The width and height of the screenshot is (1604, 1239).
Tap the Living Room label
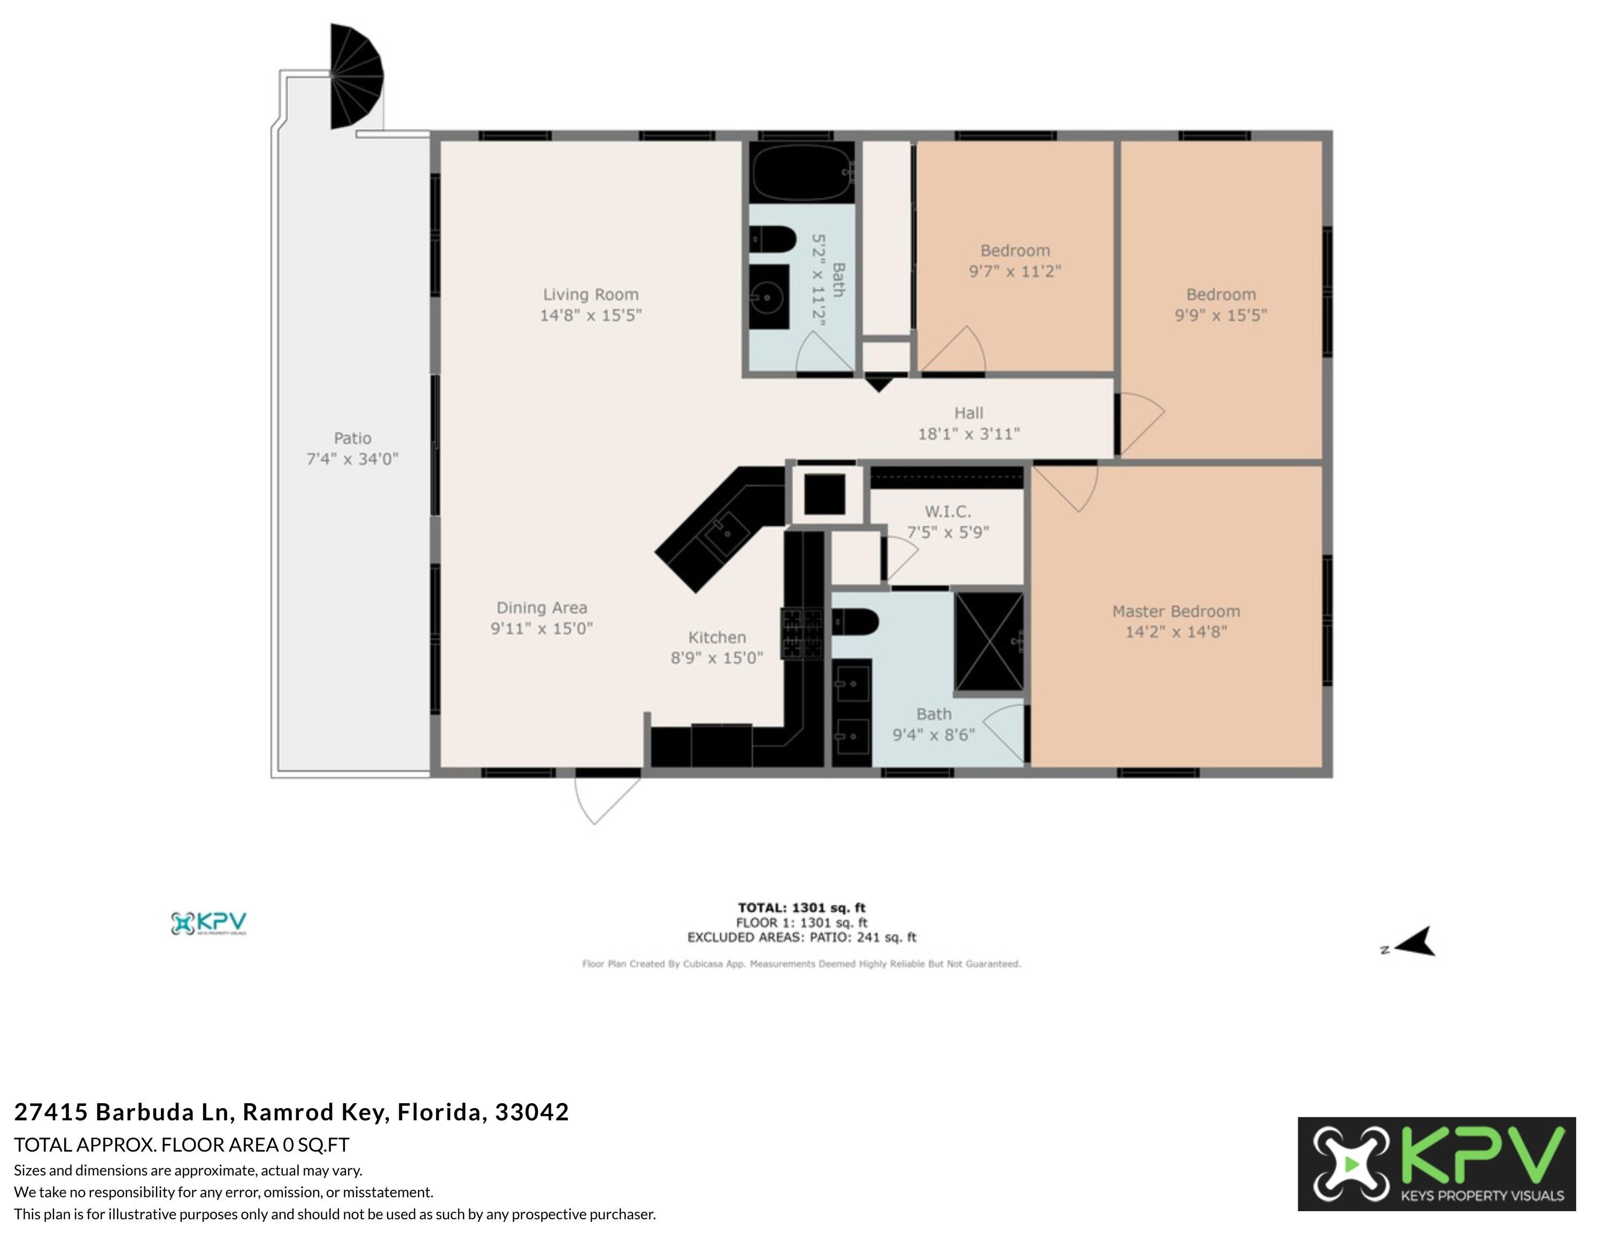590,295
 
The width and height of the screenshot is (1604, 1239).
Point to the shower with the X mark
989,641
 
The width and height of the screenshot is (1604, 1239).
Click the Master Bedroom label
1175,611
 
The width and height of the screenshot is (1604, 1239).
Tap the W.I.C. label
947,512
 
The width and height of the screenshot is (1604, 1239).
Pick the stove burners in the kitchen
802,633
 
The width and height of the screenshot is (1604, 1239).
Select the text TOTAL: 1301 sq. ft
801,908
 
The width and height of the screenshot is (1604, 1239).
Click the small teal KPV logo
209,924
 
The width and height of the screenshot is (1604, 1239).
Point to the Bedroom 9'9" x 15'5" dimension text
1221,315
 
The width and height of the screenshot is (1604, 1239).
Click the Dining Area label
541,608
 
